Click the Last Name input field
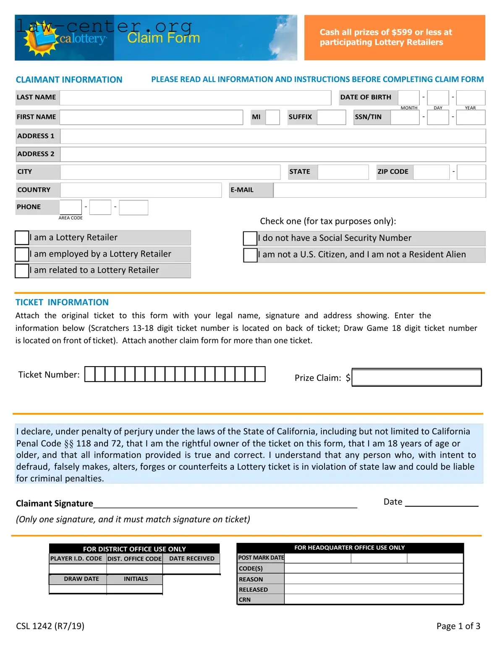click(195, 97)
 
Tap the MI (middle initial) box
click(272, 117)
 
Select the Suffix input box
click(331, 117)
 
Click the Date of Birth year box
click(471, 97)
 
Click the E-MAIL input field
click(379, 190)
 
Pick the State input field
click(343, 172)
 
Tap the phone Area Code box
click(71, 207)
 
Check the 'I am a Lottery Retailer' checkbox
click(22, 238)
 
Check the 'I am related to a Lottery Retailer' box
click(22, 270)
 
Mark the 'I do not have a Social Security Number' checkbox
click(250, 238)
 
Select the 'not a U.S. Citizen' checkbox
click(250, 255)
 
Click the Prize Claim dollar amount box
click(416, 377)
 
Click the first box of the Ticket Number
click(90, 374)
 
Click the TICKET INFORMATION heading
click(62, 302)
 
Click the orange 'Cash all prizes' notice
click(394, 37)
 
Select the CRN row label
click(261, 600)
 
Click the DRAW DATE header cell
click(81, 579)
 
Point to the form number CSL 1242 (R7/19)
click(50, 626)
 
